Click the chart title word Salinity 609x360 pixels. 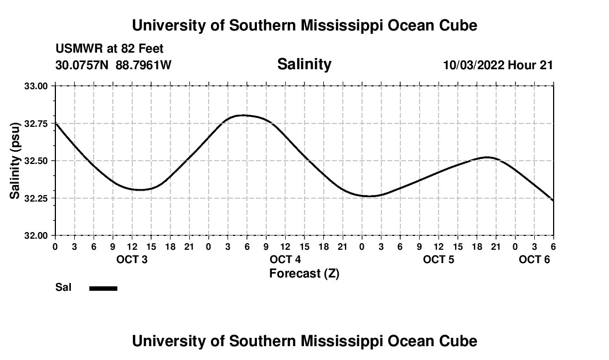pos(304,64)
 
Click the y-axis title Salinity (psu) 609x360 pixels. pos(15,161)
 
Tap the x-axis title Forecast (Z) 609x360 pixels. pos(304,274)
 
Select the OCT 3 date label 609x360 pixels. pos(132,260)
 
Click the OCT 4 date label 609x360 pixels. pos(285,260)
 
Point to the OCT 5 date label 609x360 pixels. pos(438,260)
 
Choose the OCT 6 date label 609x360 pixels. pos(534,260)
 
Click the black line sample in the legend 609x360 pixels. pos(104,288)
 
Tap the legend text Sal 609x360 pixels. pos(64,287)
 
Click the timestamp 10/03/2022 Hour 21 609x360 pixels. pos(498,65)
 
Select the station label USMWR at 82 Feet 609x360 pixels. pos(110,49)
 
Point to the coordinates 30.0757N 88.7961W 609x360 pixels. pos(113,65)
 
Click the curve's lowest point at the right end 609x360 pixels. pos(553,200)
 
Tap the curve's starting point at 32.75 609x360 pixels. pos(55,123)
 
